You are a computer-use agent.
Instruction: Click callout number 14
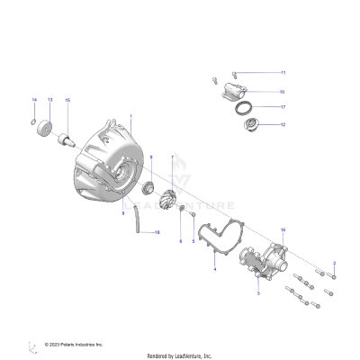[x=34, y=98]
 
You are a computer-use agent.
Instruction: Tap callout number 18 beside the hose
[x=158, y=233]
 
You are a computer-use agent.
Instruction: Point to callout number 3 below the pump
[x=258, y=293]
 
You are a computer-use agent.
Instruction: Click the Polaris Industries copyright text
[x=76, y=344]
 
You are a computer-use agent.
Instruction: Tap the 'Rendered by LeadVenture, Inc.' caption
[x=180, y=355]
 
